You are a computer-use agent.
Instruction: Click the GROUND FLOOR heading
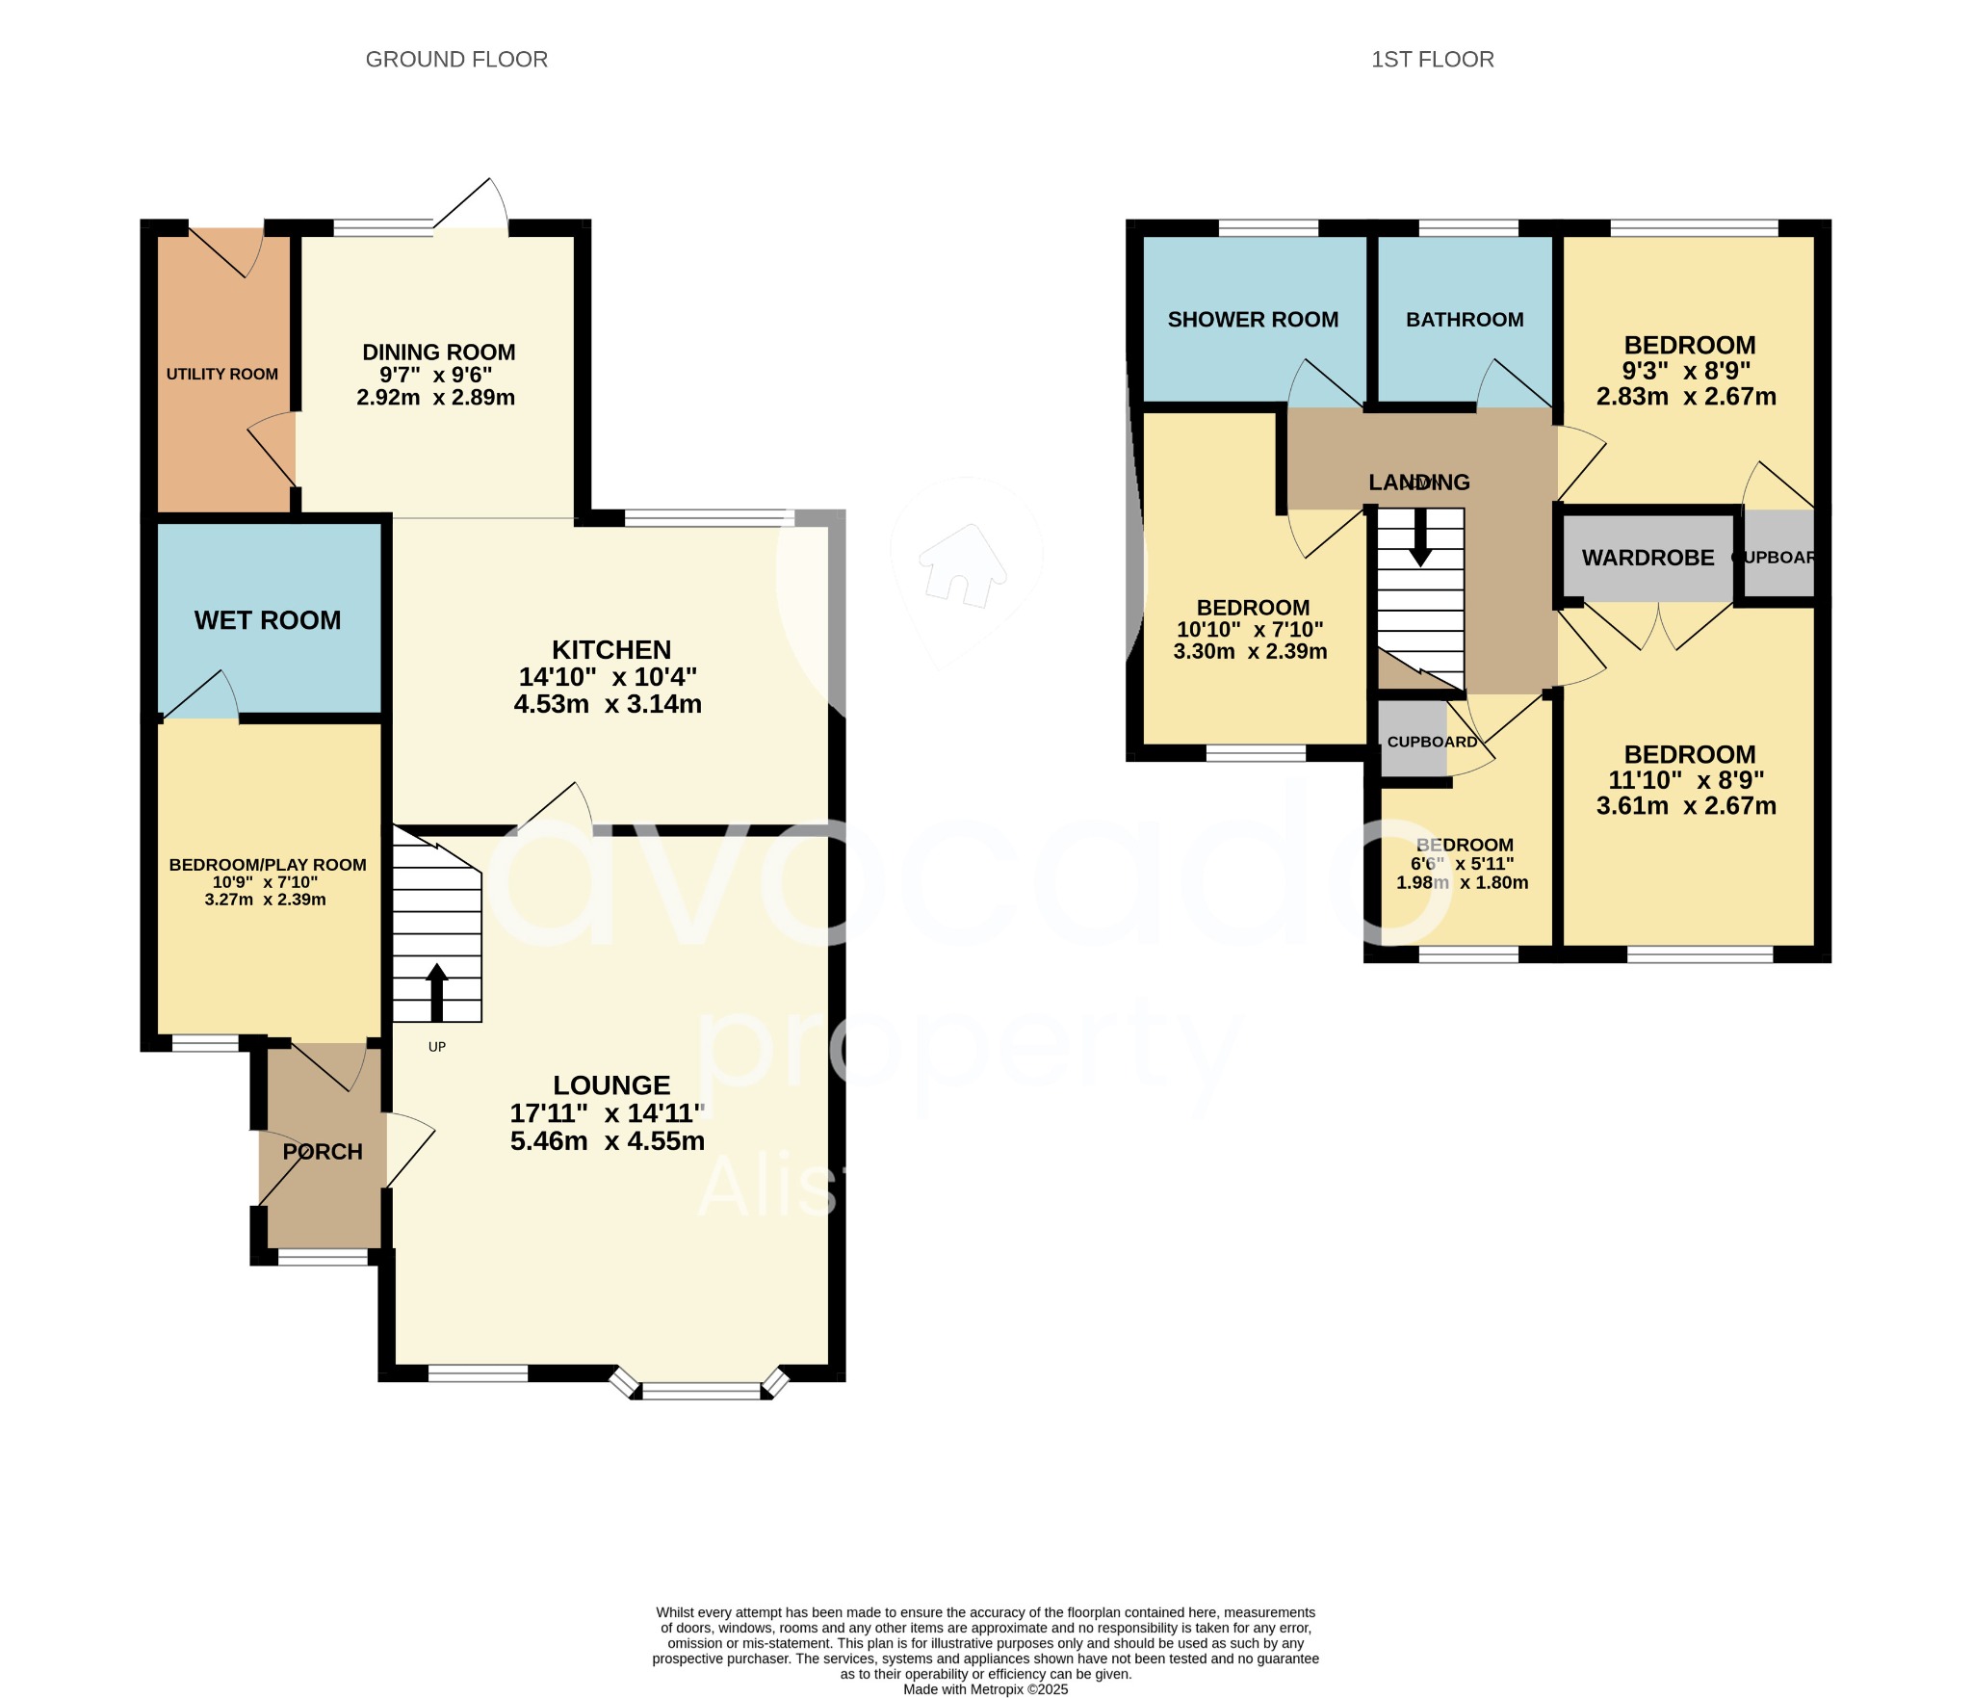456,60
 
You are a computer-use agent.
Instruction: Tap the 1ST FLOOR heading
1432,60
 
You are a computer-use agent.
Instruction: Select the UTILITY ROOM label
221,374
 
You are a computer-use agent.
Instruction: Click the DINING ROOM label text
438,353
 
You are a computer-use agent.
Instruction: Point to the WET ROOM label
268,620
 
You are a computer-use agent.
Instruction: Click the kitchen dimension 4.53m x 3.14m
608,704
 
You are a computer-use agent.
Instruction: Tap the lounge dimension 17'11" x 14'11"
608,1113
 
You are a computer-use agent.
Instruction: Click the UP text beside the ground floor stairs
437,1047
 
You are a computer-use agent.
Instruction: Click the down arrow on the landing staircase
1420,539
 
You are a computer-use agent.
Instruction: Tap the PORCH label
323,1152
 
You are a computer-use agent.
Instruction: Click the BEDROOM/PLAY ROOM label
268,865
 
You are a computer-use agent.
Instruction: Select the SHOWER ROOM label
1253,320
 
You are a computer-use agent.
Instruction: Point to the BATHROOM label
1465,320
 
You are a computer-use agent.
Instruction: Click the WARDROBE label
1648,558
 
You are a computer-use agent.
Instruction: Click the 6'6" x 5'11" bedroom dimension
1463,864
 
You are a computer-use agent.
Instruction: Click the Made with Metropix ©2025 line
985,1689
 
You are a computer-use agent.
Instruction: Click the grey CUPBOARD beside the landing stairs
1414,741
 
